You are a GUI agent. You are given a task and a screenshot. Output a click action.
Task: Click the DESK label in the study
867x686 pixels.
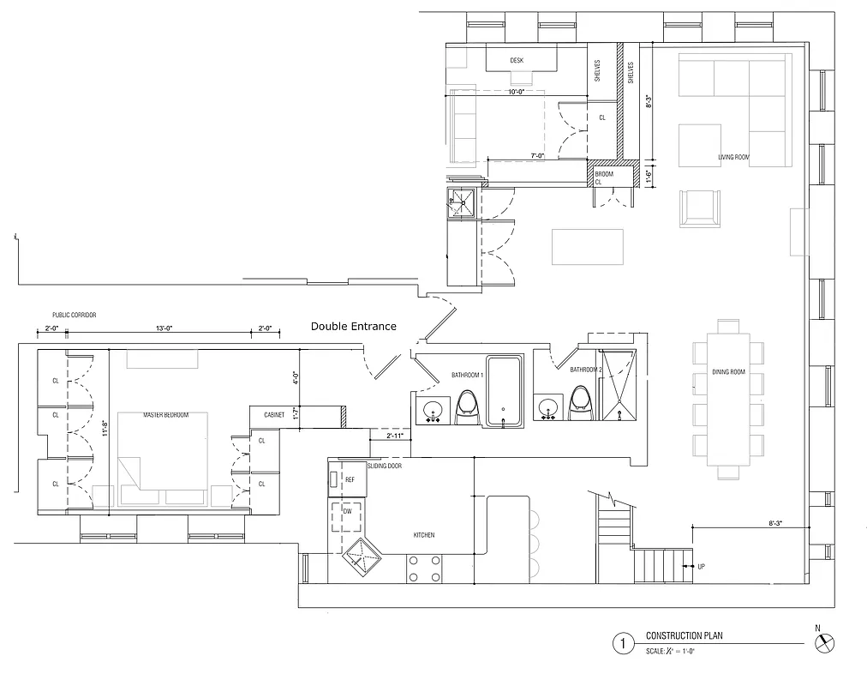click(517, 60)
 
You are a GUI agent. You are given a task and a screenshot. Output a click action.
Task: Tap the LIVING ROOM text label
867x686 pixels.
click(733, 158)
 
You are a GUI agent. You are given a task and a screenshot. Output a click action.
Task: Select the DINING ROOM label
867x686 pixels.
click(729, 371)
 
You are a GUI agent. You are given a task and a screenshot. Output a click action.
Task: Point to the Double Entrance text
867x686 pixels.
click(353, 327)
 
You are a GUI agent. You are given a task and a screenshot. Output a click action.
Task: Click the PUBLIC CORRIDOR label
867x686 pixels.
click(75, 316)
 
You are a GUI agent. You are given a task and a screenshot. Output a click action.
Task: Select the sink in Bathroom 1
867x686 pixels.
click(432, 409)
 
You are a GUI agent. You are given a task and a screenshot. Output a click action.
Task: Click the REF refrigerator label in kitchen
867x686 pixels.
click(350, 479)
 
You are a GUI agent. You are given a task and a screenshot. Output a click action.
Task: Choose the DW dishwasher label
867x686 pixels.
click(347, 511)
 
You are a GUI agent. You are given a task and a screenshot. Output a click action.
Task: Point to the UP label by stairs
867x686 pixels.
click(702, 567)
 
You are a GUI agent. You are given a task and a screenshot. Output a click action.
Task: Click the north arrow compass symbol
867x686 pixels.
click(825, 642)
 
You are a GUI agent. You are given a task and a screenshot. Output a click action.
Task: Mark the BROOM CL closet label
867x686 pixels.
click(604, 178)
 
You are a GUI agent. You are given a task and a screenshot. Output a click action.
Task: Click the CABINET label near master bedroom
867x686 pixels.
click(274, 415)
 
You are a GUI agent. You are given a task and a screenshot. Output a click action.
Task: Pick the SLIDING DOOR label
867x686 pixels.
click(384, 465)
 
